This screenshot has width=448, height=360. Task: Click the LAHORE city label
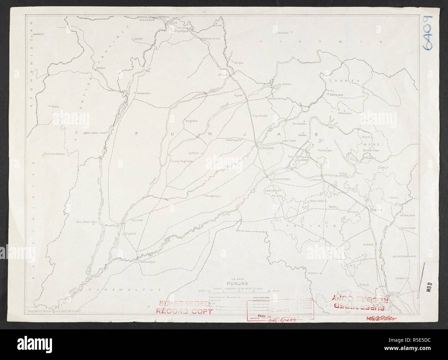point(267,148)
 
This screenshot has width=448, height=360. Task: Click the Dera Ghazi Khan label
point(85,223)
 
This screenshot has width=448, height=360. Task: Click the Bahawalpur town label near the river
point(148,262)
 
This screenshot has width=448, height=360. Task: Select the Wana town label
point(55,106)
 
